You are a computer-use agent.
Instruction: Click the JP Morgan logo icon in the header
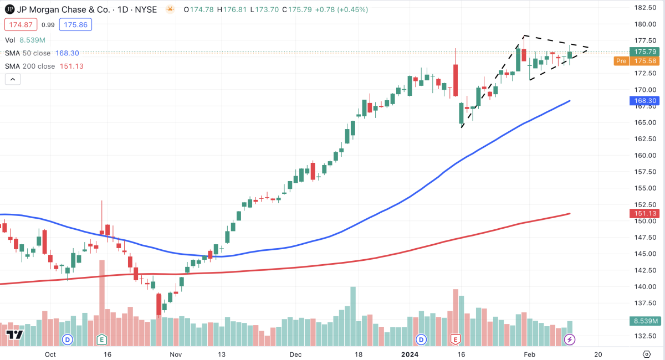tap(10, 9)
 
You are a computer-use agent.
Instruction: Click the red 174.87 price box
tap(21, 25)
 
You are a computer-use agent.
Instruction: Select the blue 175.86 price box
tap(77, 25)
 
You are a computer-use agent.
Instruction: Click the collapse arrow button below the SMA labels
tap(13, 79)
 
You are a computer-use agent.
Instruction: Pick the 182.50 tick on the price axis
tap(646, 8)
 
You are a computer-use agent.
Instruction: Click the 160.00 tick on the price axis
tap(646, 155)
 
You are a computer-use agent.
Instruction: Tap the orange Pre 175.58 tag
tap(637, 61)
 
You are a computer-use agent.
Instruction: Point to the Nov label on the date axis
tap(176, 354)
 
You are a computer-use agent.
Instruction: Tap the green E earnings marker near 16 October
tap(101, 339)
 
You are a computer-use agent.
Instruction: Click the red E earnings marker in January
tap(456, 339)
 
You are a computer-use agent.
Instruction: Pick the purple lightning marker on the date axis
tap(569, 339)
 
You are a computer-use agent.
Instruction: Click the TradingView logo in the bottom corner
tap(14, 335)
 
